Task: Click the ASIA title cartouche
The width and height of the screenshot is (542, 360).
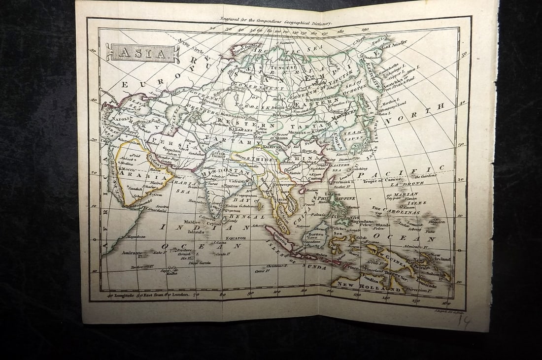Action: click(142, 52)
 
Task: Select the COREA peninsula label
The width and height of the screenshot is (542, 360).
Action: click(336, 134)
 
